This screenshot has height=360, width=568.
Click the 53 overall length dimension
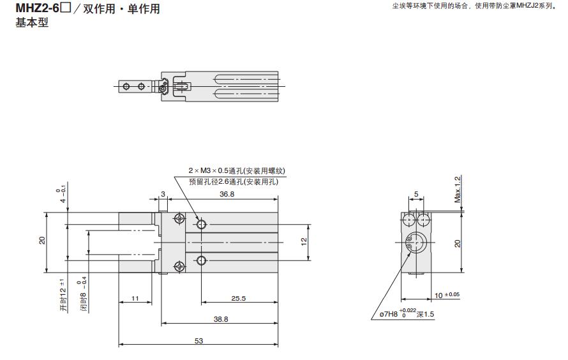[x=198, y=341]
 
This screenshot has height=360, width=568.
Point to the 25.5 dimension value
[x=237, y=298]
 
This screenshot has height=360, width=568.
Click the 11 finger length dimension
[x=135, y=298]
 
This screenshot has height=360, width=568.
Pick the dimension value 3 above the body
[x=163, y=193]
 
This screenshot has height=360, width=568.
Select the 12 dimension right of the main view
[x=304, y=241]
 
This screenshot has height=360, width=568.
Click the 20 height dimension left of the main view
[x=42, y=241]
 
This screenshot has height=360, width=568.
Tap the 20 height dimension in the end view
[x=457, y=243]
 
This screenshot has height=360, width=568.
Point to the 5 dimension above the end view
[x=415, y=193]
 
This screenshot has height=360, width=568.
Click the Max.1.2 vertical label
[x=457, y=190]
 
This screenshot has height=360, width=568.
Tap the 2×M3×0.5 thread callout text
[x=236, y=171]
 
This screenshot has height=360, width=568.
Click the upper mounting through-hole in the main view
[x=202, y=225]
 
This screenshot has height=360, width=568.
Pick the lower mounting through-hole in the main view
[x=202, y=259]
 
